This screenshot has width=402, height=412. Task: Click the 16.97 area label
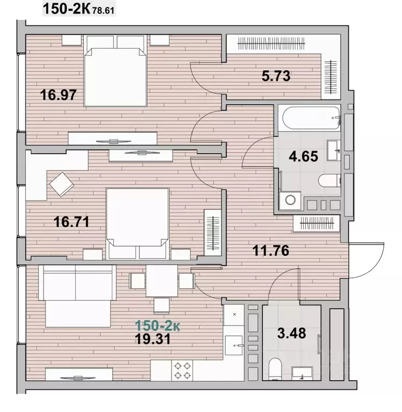(x=58, y=95)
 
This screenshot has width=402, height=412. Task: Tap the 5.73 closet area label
(x=276, y=76)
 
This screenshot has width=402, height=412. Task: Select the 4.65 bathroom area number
(x=304, y=156)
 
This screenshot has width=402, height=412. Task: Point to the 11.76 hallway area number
(x=270, y=250)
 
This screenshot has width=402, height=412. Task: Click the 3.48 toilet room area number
(x=292, y=333)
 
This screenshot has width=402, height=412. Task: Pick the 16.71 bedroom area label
(x=71, y=222)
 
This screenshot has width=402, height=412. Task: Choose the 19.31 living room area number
(x=153, y=339)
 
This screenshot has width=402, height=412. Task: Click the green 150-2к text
(x=157, y=326)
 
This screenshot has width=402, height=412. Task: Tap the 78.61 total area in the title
(x=103, y=11)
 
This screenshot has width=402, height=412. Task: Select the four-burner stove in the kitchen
(x=182, y=371)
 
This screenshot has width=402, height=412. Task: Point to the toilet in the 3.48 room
(x=275, y=368)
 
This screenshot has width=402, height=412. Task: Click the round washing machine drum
(x=290, y=200)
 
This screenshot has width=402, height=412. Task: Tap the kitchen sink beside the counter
(x=233, y=345)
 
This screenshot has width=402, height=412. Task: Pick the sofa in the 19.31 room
(x=77, y=296)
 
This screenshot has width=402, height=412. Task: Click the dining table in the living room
(x=162, y=280)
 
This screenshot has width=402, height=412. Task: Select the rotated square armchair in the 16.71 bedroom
(x=61, y=184)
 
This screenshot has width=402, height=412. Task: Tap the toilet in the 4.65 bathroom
(x=329, y=181)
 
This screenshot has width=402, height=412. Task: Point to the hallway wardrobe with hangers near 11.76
(x=317, y=223)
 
